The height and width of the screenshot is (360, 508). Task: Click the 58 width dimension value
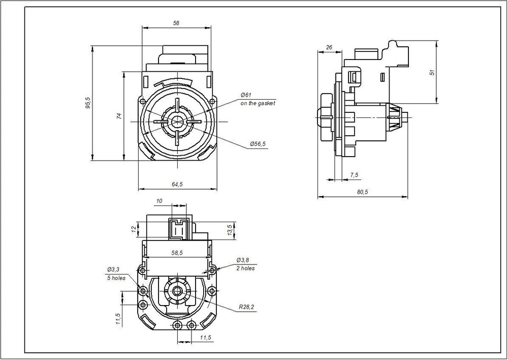[176, 23]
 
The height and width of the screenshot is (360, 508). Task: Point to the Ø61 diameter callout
[246, 95]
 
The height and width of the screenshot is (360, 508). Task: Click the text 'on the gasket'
[258, 103]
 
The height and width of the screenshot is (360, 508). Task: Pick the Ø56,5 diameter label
[258, 144]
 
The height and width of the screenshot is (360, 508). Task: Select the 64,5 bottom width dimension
[177, 184]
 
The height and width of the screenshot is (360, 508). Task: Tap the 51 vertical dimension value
[432, 72]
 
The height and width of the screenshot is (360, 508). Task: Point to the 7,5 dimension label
[354, 175]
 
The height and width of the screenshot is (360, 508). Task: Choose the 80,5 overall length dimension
[362, 192]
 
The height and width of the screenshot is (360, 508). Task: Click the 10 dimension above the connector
[160, 201]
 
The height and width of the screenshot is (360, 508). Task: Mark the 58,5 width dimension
[178, 252]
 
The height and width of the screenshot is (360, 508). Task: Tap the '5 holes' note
[116, 278]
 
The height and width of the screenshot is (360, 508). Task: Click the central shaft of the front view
[178, 122]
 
